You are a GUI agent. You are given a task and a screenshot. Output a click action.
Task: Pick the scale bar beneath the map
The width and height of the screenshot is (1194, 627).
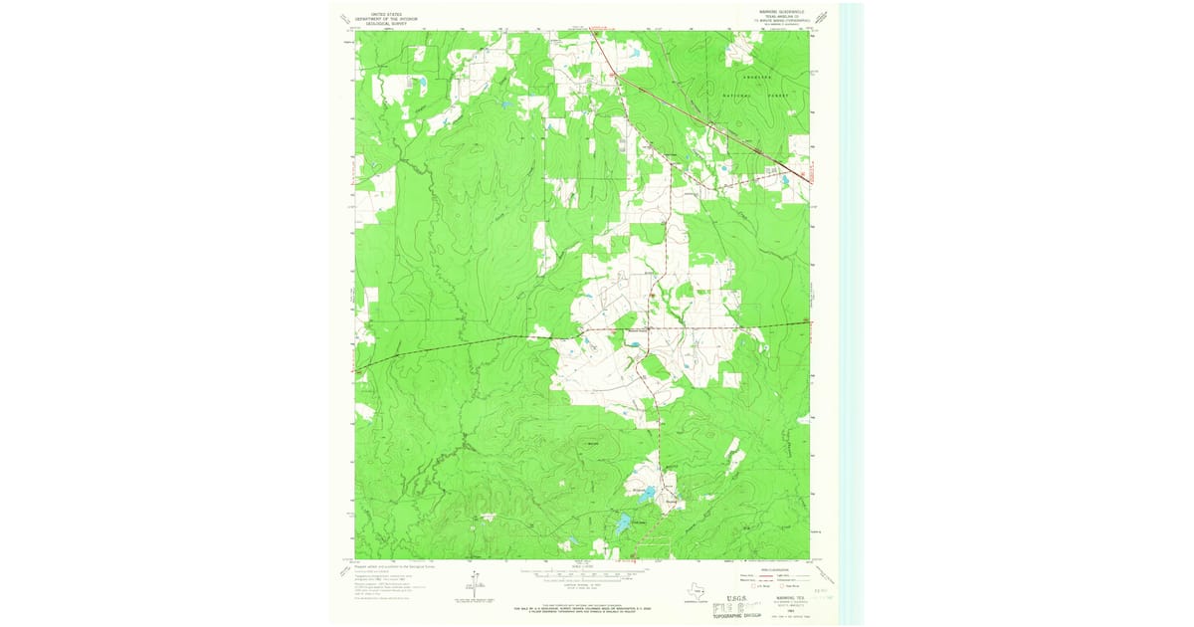pyautogui.click(x=595, y=575)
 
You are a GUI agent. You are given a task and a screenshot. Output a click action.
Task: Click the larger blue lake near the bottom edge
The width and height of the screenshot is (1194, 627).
pyautogui.click(x=624, y=523)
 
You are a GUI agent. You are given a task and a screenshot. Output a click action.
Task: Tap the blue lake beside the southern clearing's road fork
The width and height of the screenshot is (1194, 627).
pyautogui.click(x=646, y=493)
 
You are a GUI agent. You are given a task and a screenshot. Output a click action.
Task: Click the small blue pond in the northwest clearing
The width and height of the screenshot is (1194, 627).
pyautogui.click(x=419, y=82)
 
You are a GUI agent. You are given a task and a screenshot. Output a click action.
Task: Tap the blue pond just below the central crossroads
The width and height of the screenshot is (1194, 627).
pyautogui.click(x=633, y=346)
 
